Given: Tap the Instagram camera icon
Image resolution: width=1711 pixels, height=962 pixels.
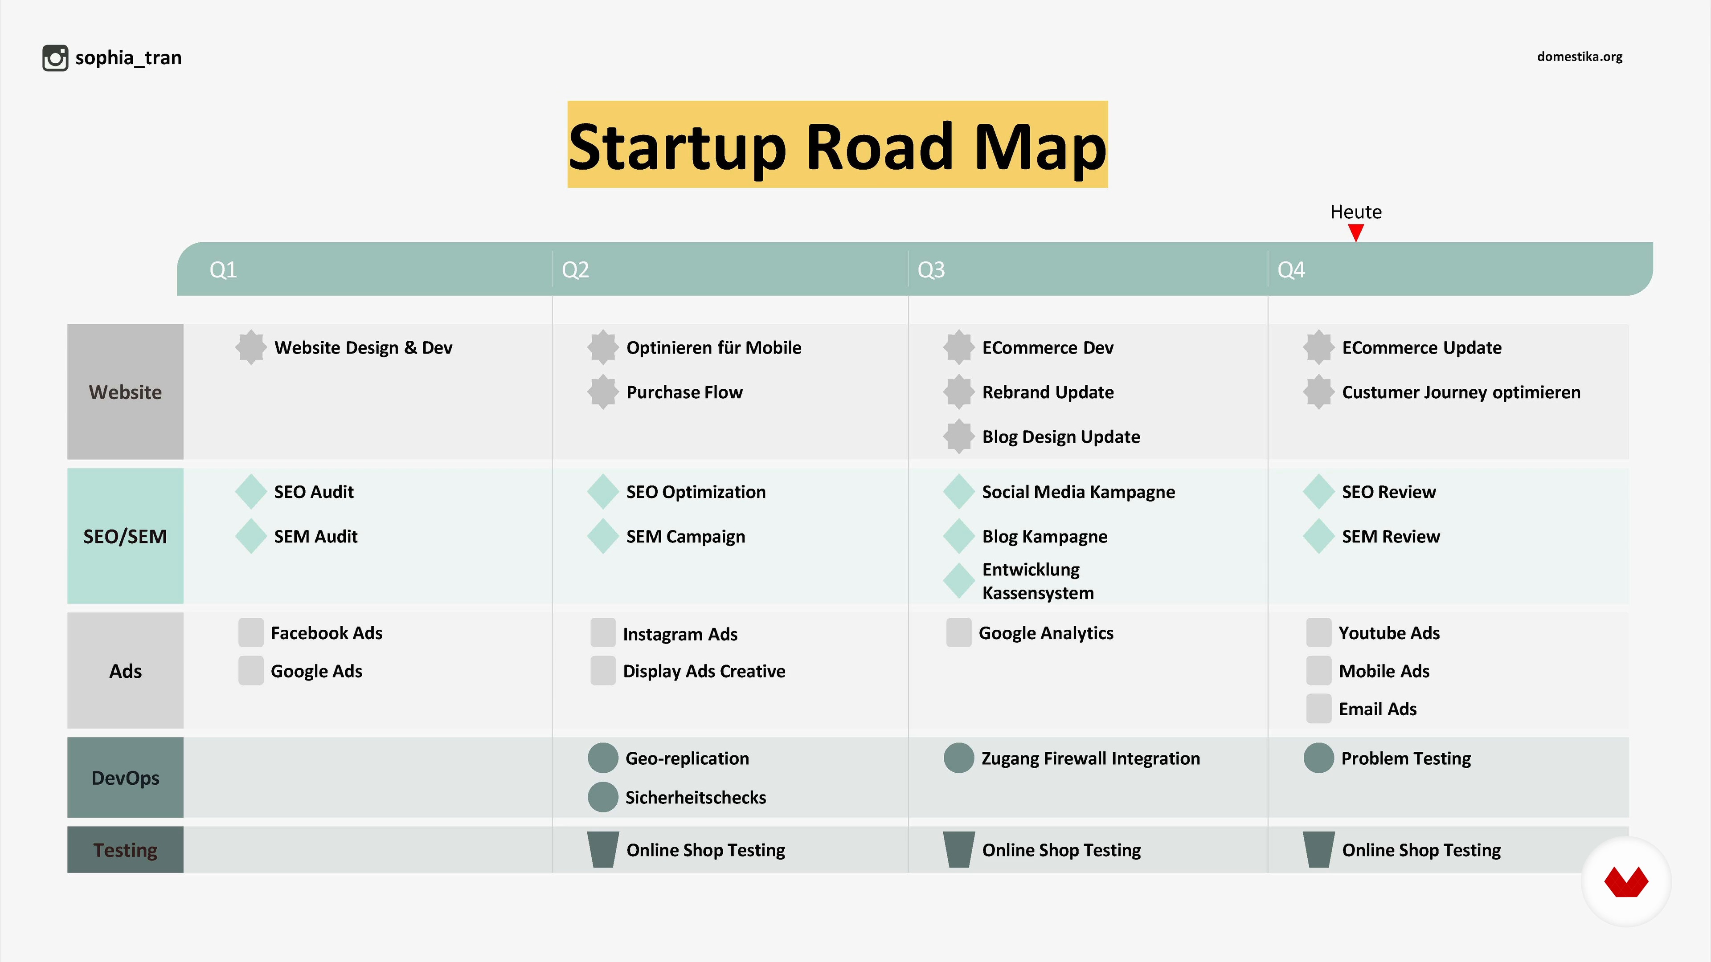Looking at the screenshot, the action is point(55,58).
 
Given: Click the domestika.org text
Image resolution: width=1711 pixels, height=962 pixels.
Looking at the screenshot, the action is point(1580,57).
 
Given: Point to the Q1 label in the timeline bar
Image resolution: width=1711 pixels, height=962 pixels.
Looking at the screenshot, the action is point(223,269).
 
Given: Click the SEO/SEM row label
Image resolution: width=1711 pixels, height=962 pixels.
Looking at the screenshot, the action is point(125,536).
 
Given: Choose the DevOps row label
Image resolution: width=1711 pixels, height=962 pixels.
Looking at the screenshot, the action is point(125,778).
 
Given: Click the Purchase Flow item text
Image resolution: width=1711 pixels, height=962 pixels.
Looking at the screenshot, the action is point(684,392).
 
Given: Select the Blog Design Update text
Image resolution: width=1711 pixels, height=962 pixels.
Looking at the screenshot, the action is point(1061,437).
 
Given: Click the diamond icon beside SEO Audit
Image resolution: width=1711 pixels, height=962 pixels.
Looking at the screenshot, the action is point(251,491).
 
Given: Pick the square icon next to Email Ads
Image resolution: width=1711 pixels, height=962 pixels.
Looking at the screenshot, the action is point(1318,709).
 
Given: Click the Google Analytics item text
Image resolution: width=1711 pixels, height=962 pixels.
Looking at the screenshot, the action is point(1046,633).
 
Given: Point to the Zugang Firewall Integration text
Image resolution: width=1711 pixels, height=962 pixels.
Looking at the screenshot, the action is point(1091,758).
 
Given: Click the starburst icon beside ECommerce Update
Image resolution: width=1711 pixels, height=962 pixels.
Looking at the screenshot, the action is point(1318,347).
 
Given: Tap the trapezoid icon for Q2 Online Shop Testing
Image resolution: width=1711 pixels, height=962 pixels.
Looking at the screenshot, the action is point(603,850).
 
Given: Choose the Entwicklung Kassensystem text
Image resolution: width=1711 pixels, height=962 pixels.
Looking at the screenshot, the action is point(1037,581).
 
